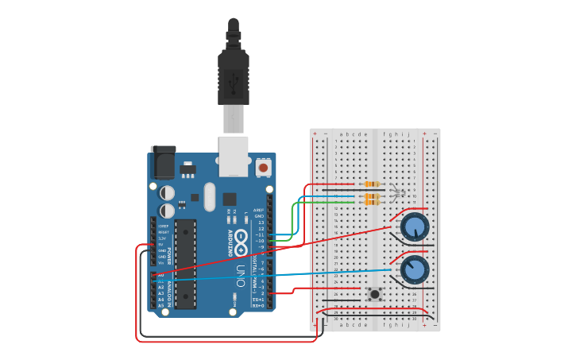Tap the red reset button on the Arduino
coord(263,168)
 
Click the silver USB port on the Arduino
coord(234,156)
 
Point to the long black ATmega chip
coord(185,263)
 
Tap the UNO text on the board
coord(241,275)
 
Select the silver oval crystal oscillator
coord(209,196)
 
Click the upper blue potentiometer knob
coord(415,227)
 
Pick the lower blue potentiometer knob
coord(415,270)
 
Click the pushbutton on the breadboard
coord(374,293)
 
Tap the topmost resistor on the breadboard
coord(371,184)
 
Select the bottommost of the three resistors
coord(371,202)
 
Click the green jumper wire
coord(296,219)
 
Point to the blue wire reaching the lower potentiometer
coord(318,274)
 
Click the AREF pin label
coord(258,211)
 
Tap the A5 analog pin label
coord(160,305)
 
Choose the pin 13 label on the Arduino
coord(260,223)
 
